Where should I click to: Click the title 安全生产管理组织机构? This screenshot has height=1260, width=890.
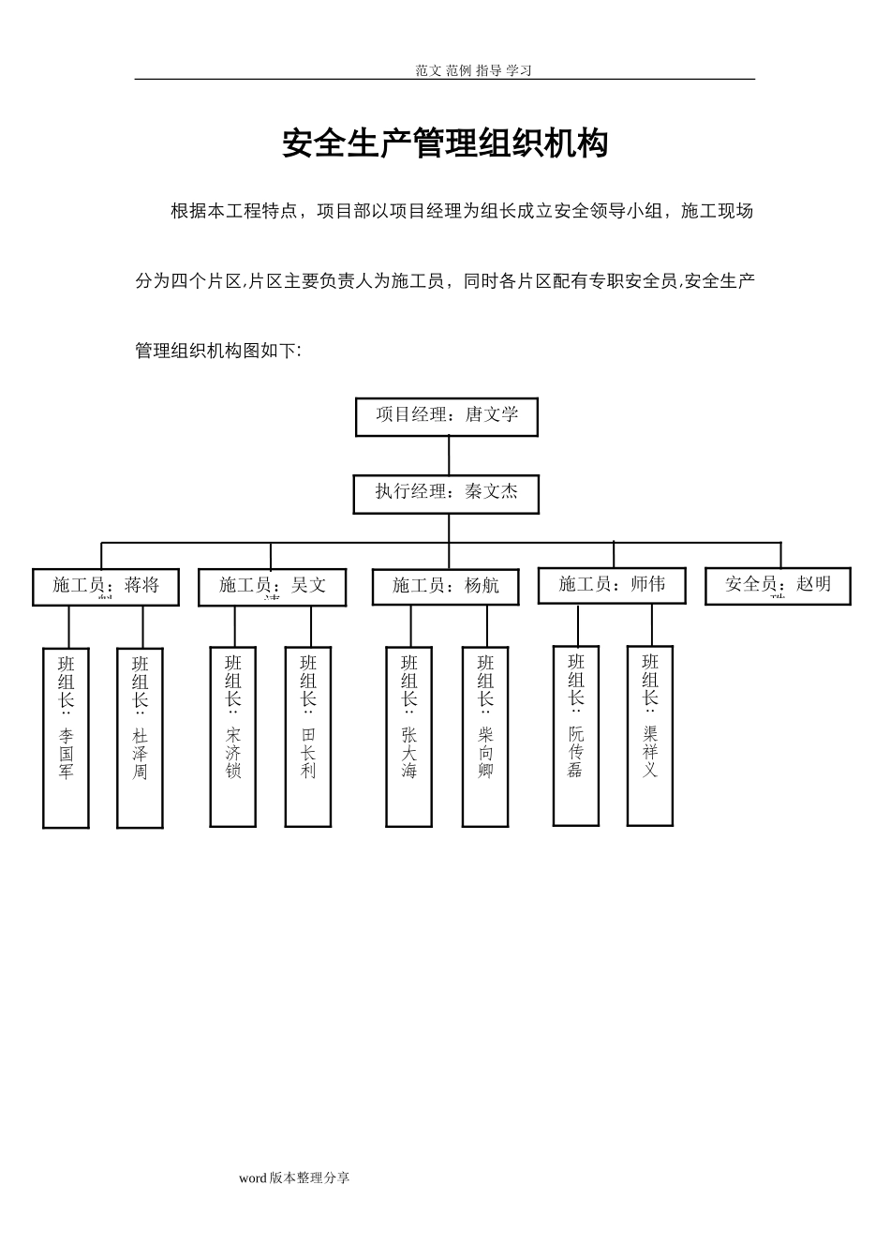(x=445, y=143)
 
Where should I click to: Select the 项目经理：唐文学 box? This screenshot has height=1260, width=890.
(x=447, y=416)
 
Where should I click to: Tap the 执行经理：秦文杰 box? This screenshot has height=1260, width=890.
(x=446, y=493)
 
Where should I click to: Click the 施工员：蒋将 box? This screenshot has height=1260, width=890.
(x=106, y=587)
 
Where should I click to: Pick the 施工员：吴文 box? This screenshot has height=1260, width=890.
(x=273, y=588)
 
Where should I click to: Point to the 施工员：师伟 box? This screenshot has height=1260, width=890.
(x=612, y=585)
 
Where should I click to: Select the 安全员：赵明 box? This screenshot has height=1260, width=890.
(x=778, y=586)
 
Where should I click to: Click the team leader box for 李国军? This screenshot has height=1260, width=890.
(x=67, y=737)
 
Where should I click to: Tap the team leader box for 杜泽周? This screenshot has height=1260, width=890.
(x=141, y=737)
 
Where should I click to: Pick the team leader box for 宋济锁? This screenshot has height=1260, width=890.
(x=233, y=736)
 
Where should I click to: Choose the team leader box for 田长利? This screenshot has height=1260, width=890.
(x=308, y=736)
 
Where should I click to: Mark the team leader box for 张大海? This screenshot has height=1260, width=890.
(x=409, y=736)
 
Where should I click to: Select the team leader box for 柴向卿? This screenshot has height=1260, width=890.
(x=485, y=736)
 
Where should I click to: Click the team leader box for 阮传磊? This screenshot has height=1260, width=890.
(x=576, y=735)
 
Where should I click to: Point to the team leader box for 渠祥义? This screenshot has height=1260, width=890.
(x=650, y=735)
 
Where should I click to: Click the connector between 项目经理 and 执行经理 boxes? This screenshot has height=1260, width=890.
(x=449, y=456)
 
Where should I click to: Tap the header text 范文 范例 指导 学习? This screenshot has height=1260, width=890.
(x=474, y=70)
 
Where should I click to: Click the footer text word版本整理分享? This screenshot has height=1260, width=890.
(x=294, y=1177)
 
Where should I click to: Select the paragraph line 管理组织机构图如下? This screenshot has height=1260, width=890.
(x=218, y=351)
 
